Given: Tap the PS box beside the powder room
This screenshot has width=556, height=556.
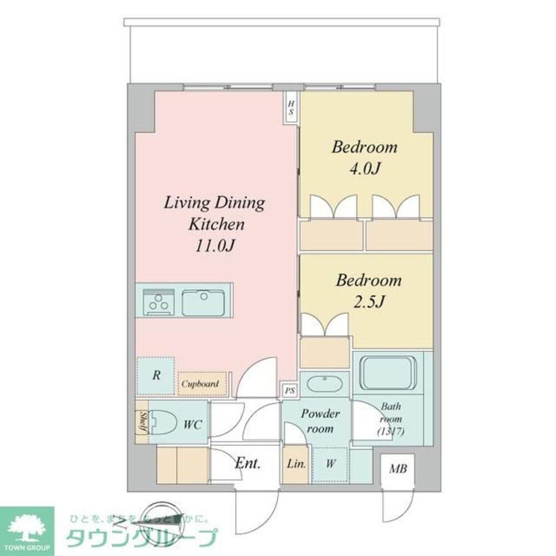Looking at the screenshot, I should (x=290, y=390).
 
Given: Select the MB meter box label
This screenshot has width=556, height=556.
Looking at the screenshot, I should (x=398, y=469).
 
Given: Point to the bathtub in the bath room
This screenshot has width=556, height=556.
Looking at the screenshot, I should (x=389, y=374).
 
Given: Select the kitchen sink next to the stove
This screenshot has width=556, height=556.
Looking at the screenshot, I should (x=203, y=302).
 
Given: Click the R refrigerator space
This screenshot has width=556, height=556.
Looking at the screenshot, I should (x=157, y=375).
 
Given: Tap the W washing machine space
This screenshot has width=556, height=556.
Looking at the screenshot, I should (x=330, y=464).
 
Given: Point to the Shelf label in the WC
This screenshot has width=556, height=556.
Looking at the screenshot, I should (x=142, y=421).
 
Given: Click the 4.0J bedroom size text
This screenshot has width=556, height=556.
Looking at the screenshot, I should (x=364, y=168).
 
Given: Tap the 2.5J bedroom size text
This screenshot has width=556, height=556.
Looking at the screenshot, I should (x=369, y=302).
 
